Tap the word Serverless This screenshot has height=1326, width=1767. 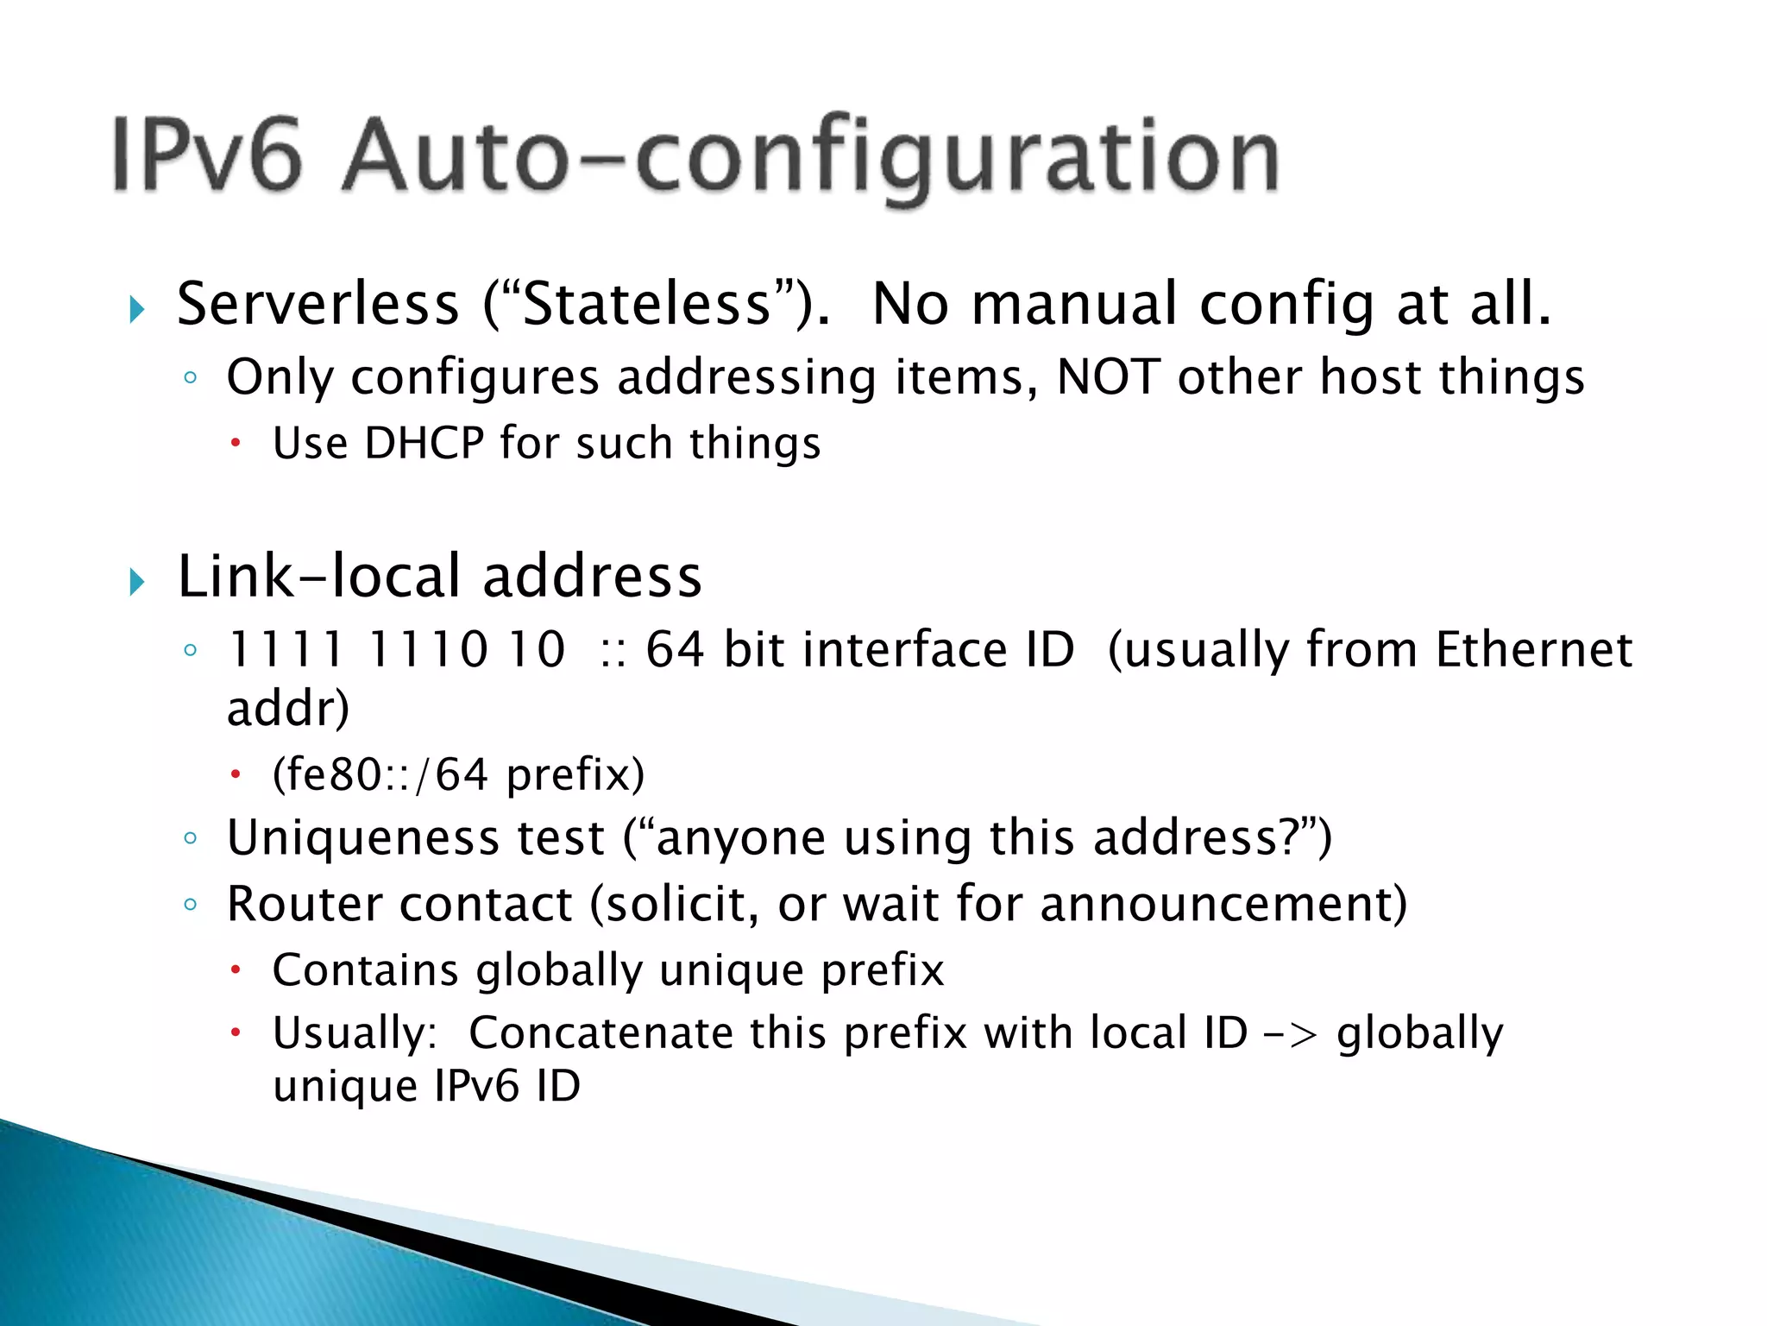pos(318,305)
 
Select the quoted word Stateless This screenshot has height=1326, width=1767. pos(647,305)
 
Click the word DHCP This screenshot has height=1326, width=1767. pos(424,444)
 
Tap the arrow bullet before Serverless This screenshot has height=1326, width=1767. pos(137,308)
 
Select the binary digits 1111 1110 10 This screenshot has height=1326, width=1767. pos(396,649)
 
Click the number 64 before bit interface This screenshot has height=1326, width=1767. pos(675,649)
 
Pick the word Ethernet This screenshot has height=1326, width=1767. pos(1533,649)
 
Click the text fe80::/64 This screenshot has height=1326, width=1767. pos(380,774)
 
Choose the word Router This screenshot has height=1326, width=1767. pos(305,905)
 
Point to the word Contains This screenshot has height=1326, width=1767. pos(365,970)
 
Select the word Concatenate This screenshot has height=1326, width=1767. pos(601,1033)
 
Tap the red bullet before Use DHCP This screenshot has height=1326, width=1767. pos(235,445)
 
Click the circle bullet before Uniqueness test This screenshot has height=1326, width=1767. pos(191,838)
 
